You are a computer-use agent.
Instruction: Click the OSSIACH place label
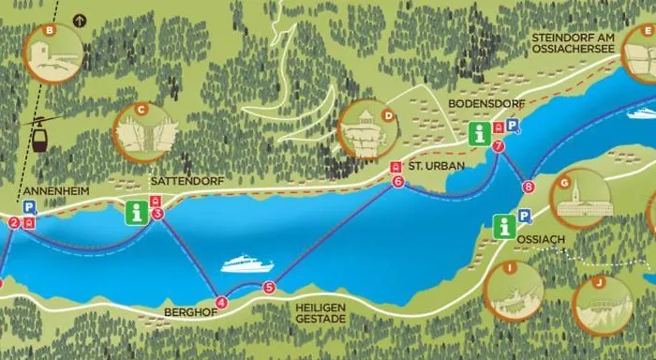(541, 239)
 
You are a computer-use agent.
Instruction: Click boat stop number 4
(221, 302)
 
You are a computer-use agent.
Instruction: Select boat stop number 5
(269, 288)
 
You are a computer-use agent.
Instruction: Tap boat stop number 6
(398, 182)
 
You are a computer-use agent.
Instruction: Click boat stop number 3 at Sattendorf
(157, 215)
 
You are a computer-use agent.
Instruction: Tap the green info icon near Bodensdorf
(480, 133)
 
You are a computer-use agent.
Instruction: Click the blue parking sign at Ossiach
(524, 217)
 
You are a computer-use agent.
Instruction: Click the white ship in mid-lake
(246, 265)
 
